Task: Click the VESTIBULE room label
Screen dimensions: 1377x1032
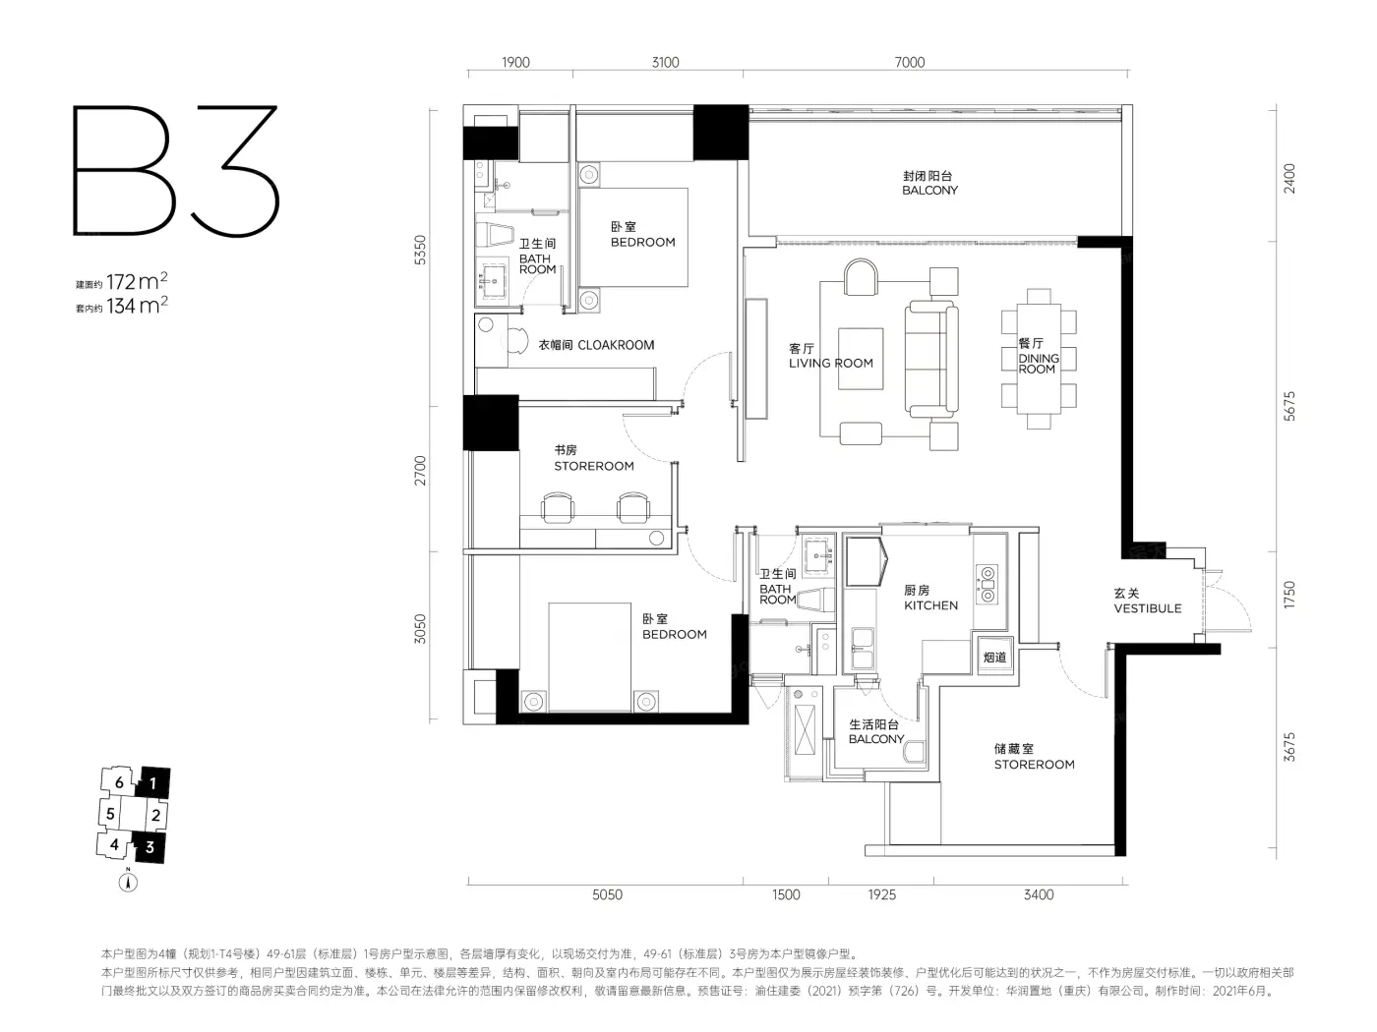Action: click(1148, 607)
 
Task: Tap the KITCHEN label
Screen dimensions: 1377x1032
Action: click(930, 605)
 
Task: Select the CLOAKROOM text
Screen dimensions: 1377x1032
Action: click(616, 345)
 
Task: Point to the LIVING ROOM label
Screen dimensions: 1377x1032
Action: click(830, 363)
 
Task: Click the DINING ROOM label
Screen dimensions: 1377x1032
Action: click(1039, 364)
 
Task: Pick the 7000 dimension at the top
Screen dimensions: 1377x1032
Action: click(910, 62)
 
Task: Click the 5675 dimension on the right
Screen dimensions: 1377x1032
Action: click(1289, 406)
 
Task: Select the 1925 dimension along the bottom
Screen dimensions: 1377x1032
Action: click(881, 894)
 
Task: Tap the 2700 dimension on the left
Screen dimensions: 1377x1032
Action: click(420, 470)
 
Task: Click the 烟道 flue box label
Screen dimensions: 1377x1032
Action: click(994, 657)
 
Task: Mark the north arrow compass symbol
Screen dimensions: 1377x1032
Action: click(128, 883)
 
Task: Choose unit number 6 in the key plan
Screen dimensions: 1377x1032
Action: click(119, 782)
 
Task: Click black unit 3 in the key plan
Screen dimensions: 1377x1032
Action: click(150, 848)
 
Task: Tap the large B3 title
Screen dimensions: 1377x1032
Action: click(176, 170)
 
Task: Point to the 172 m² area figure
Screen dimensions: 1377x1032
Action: click(137, 281)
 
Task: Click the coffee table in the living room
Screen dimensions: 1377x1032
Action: click(861, 359)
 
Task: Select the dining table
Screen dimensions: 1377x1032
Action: click(1039, 359)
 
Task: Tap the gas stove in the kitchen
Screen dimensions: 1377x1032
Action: click(988, 585)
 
